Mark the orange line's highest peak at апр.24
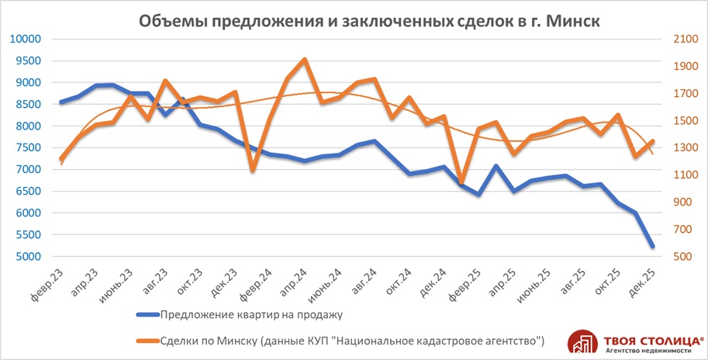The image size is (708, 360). [304, 60]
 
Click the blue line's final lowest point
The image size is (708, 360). [652, 246]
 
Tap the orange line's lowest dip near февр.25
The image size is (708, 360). [461, 182]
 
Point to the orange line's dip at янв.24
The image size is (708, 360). [252, 169]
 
